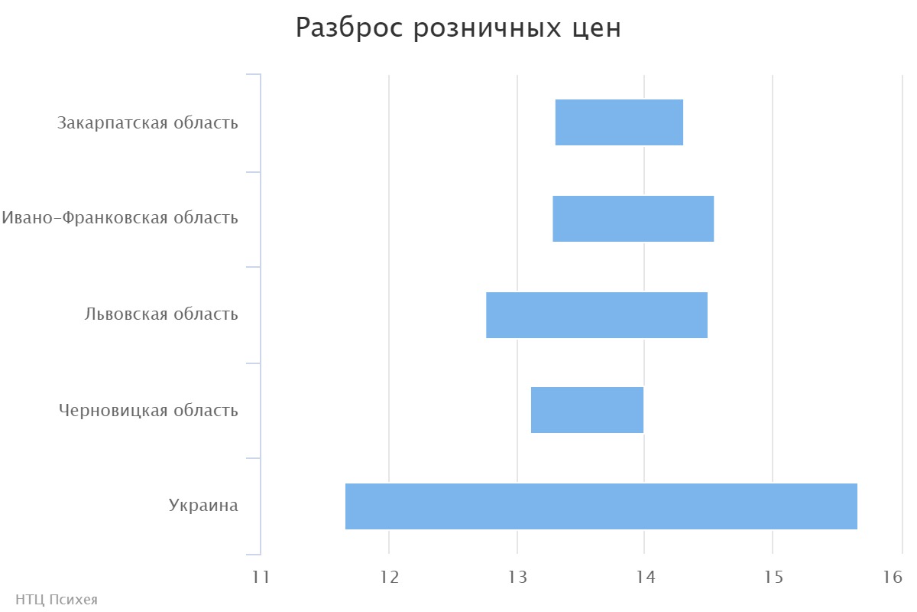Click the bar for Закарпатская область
[x=619, y=122]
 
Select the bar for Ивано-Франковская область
[x=633, y=219]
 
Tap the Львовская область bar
[x=597, y=315]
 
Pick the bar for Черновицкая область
[x=587, y=410]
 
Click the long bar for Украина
[x=601, y=506]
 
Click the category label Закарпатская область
[x=147, y=123]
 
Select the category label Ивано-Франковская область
[x=120, y=218]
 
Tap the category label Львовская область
[x=161, y=314]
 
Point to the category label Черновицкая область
[x=148, y=411]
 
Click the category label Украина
[x=203, y=506]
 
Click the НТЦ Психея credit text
[x=57, y=600]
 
